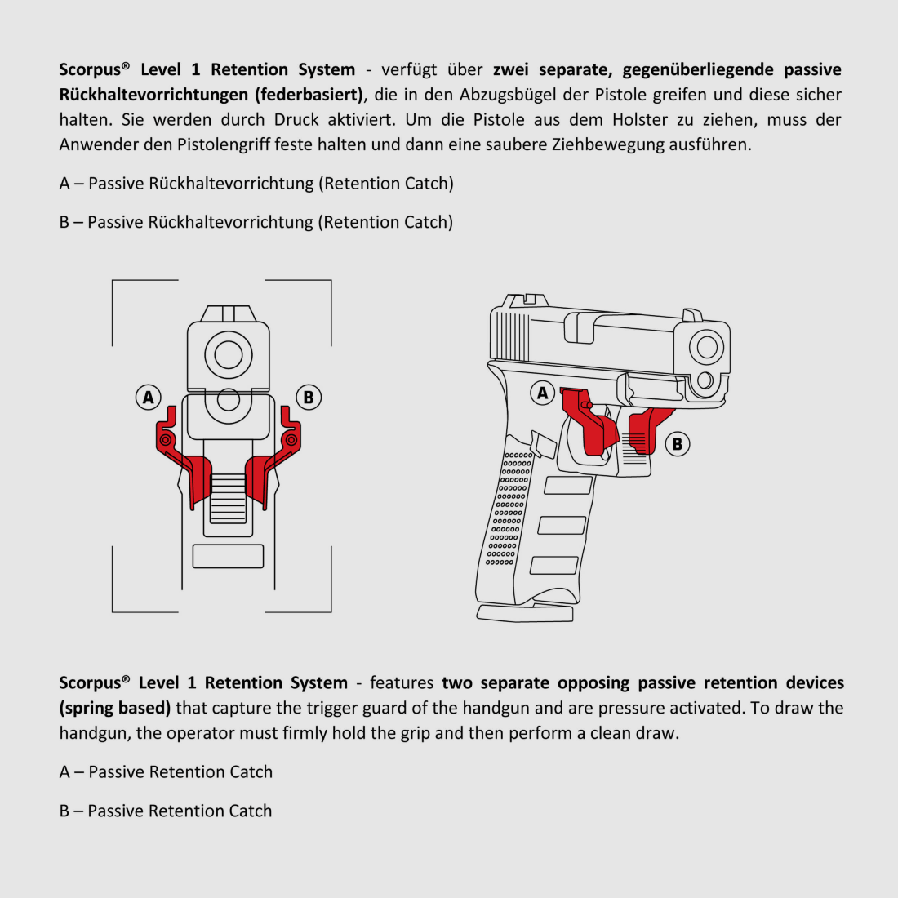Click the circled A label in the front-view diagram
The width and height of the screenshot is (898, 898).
pyautogui.click(x=148, y=398)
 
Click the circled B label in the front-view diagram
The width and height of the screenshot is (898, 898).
pyautogui.click(x=308, y=398)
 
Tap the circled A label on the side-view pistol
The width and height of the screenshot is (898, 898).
pyautogui.click(x=543, y=393)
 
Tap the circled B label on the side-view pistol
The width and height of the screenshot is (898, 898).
pyautogui.click(x=677, y=444)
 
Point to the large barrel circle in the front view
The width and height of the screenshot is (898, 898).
pyautogui.click(x=228, y=355)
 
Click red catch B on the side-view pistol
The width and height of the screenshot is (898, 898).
pyautogui.click(x=645, y=429)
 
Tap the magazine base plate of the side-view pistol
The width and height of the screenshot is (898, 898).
pyautogui.click(x=525, y=613)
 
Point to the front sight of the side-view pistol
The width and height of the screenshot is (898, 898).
pyautogui.click(x=692, y=315)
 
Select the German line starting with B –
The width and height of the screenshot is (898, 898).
pyautogui.click(x=256, y=222)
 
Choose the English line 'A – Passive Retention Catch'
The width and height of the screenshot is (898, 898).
pyautogui.click(x=166, y=772)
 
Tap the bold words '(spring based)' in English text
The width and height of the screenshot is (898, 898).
pyautogui.click(x=115, y=708)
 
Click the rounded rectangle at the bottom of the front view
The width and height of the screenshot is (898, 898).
pyautogui.click(x=228, y=556)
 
